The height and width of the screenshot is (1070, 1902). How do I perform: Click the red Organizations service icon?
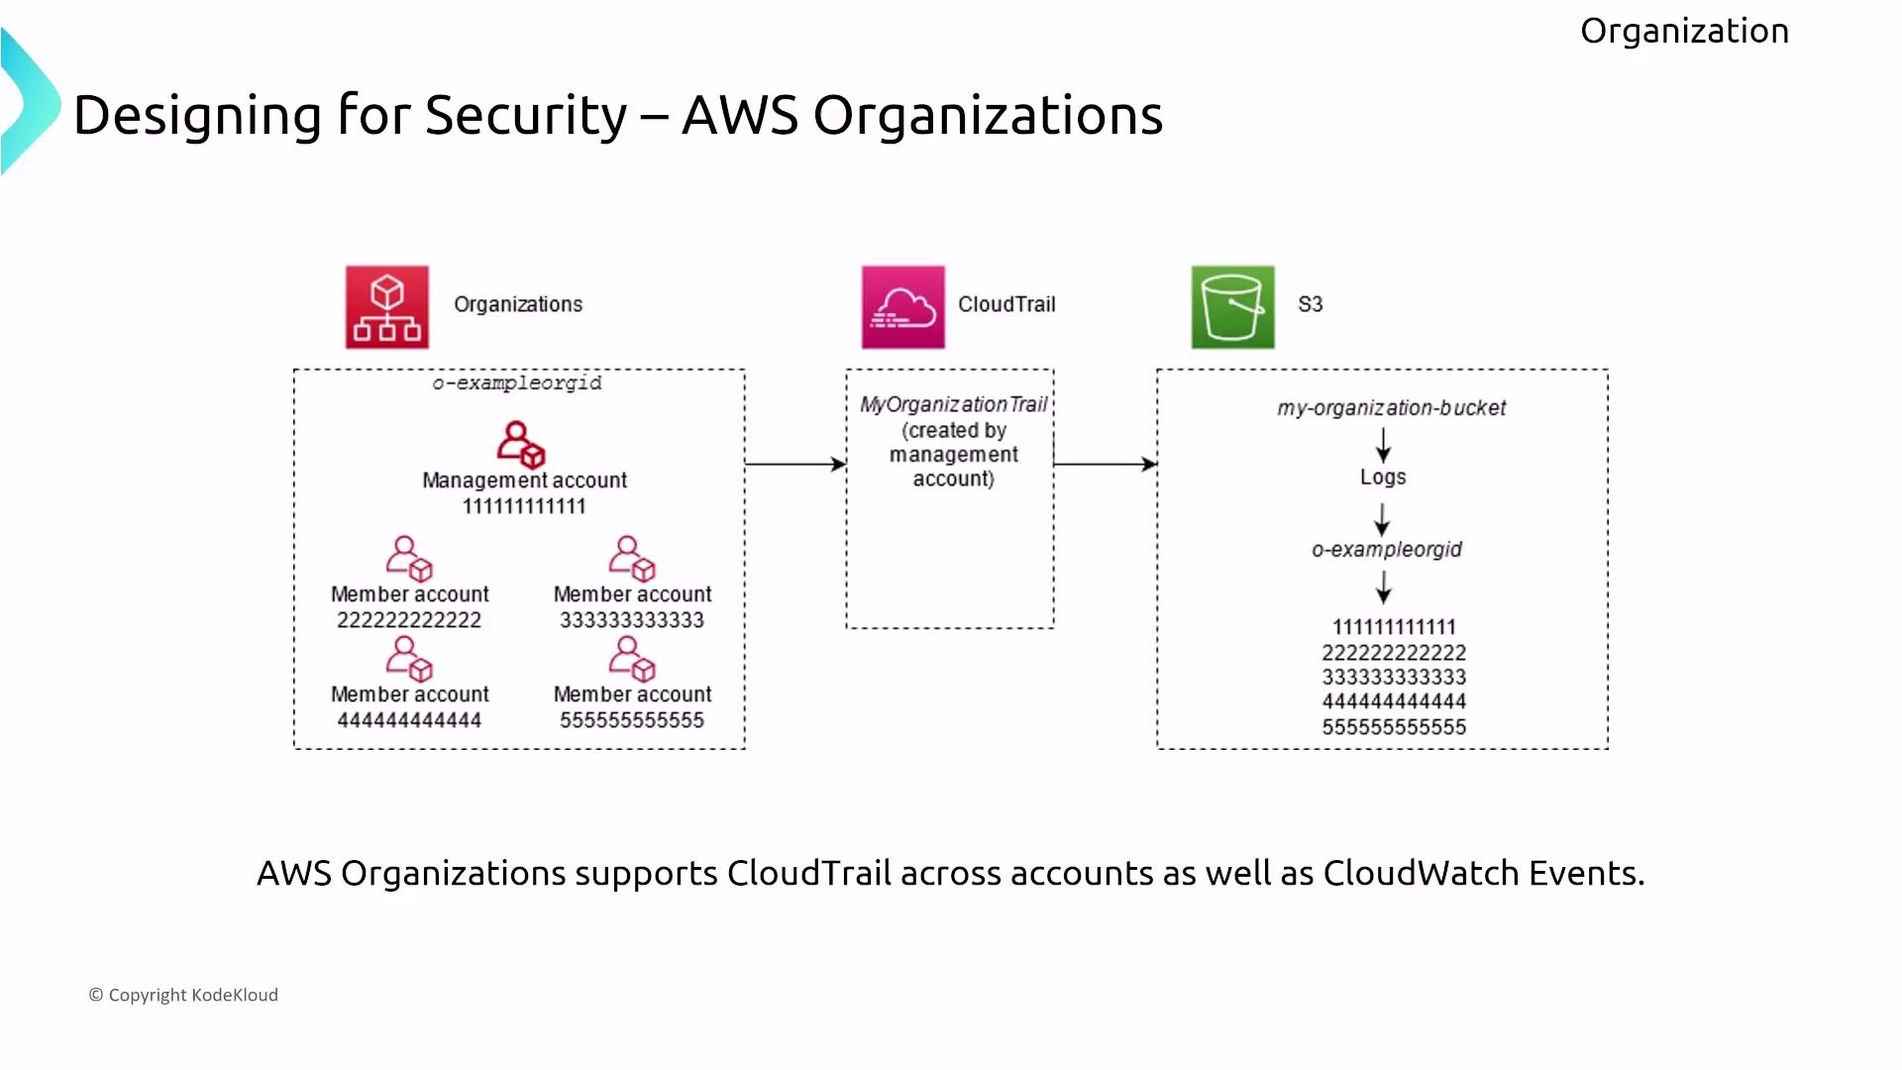(386, 307)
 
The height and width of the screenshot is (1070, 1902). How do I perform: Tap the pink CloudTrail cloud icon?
(902, 307)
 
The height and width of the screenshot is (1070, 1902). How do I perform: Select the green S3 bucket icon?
(1232, 307)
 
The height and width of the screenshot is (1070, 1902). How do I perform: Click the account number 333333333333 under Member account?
(632, 620)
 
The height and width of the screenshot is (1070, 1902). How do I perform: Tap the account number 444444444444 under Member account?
(409, 720)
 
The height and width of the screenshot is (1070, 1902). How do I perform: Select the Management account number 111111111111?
(524, 506)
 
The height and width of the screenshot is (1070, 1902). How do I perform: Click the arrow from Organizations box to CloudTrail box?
(795, 464)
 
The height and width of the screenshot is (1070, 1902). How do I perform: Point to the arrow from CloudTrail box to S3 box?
(1105, 464)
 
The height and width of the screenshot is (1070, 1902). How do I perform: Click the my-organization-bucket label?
(1391, 408)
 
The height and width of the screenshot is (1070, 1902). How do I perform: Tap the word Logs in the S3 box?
(1383, 478)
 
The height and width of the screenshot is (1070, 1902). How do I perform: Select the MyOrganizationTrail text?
(953, 404)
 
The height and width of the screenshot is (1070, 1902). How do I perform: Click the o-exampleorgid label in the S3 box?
(1386, 550)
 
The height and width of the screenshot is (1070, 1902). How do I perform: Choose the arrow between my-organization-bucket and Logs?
(1384, 445)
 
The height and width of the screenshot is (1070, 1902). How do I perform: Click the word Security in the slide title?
(526, 115)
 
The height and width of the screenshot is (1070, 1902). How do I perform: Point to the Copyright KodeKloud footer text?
(184, 995)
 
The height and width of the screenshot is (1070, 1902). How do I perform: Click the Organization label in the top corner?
(1684, 31)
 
